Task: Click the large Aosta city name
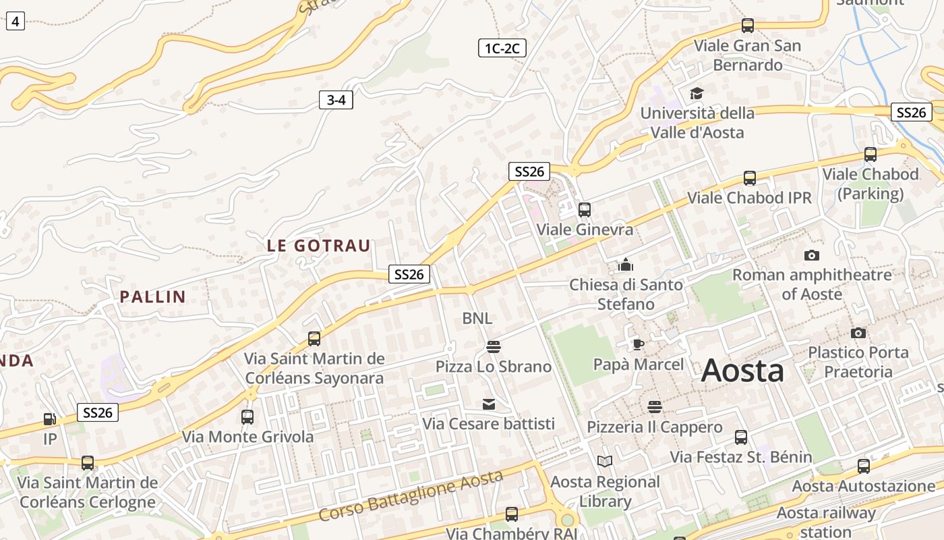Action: click(742, 371)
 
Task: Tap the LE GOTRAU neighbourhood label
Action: click(319, 246)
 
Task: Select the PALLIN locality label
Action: click(152, 296)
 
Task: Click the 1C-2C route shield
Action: click(502, 48)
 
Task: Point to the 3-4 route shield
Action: click(336, 101)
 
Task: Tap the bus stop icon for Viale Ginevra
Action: click(584, 209)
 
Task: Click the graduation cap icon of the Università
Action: click(696, 93)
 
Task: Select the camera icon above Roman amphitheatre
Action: click(811, 255)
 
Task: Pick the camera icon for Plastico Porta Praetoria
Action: click(858, 333)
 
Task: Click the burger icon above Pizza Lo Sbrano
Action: click(494, 347)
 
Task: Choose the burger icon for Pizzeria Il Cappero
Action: click(654, 407)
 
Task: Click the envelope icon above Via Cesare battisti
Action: click(489, 404)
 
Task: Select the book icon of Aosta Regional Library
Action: click(605, 462)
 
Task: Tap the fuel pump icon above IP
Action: click(50, 419)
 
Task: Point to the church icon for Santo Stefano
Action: click(626, 265)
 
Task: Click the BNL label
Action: click(477, 318)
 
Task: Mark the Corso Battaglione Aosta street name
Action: click(411, 495)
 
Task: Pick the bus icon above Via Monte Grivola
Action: click(247, 416)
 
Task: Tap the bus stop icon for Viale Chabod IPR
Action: click(749, 178)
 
